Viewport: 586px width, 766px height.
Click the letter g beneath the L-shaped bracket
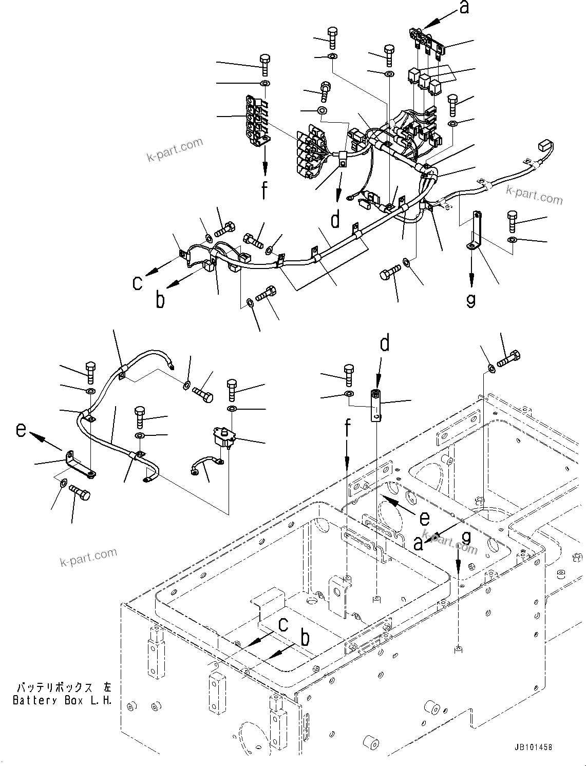click(x=470, y=299)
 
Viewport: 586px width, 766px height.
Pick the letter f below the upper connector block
click(x=264, y=189)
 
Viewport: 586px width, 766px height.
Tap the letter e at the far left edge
click(x=21, y=429)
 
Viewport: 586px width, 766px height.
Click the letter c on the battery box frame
click(x=283, y=624)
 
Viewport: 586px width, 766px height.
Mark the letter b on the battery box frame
click(x=305, y=639)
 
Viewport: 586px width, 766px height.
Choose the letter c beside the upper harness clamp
click(x=137, y=282)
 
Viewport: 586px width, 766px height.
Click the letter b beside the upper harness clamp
click(x=160, y=299)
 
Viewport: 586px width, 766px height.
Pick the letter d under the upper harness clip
click(x=335, y=220)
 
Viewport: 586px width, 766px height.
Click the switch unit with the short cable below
click(x=222, y=437)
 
